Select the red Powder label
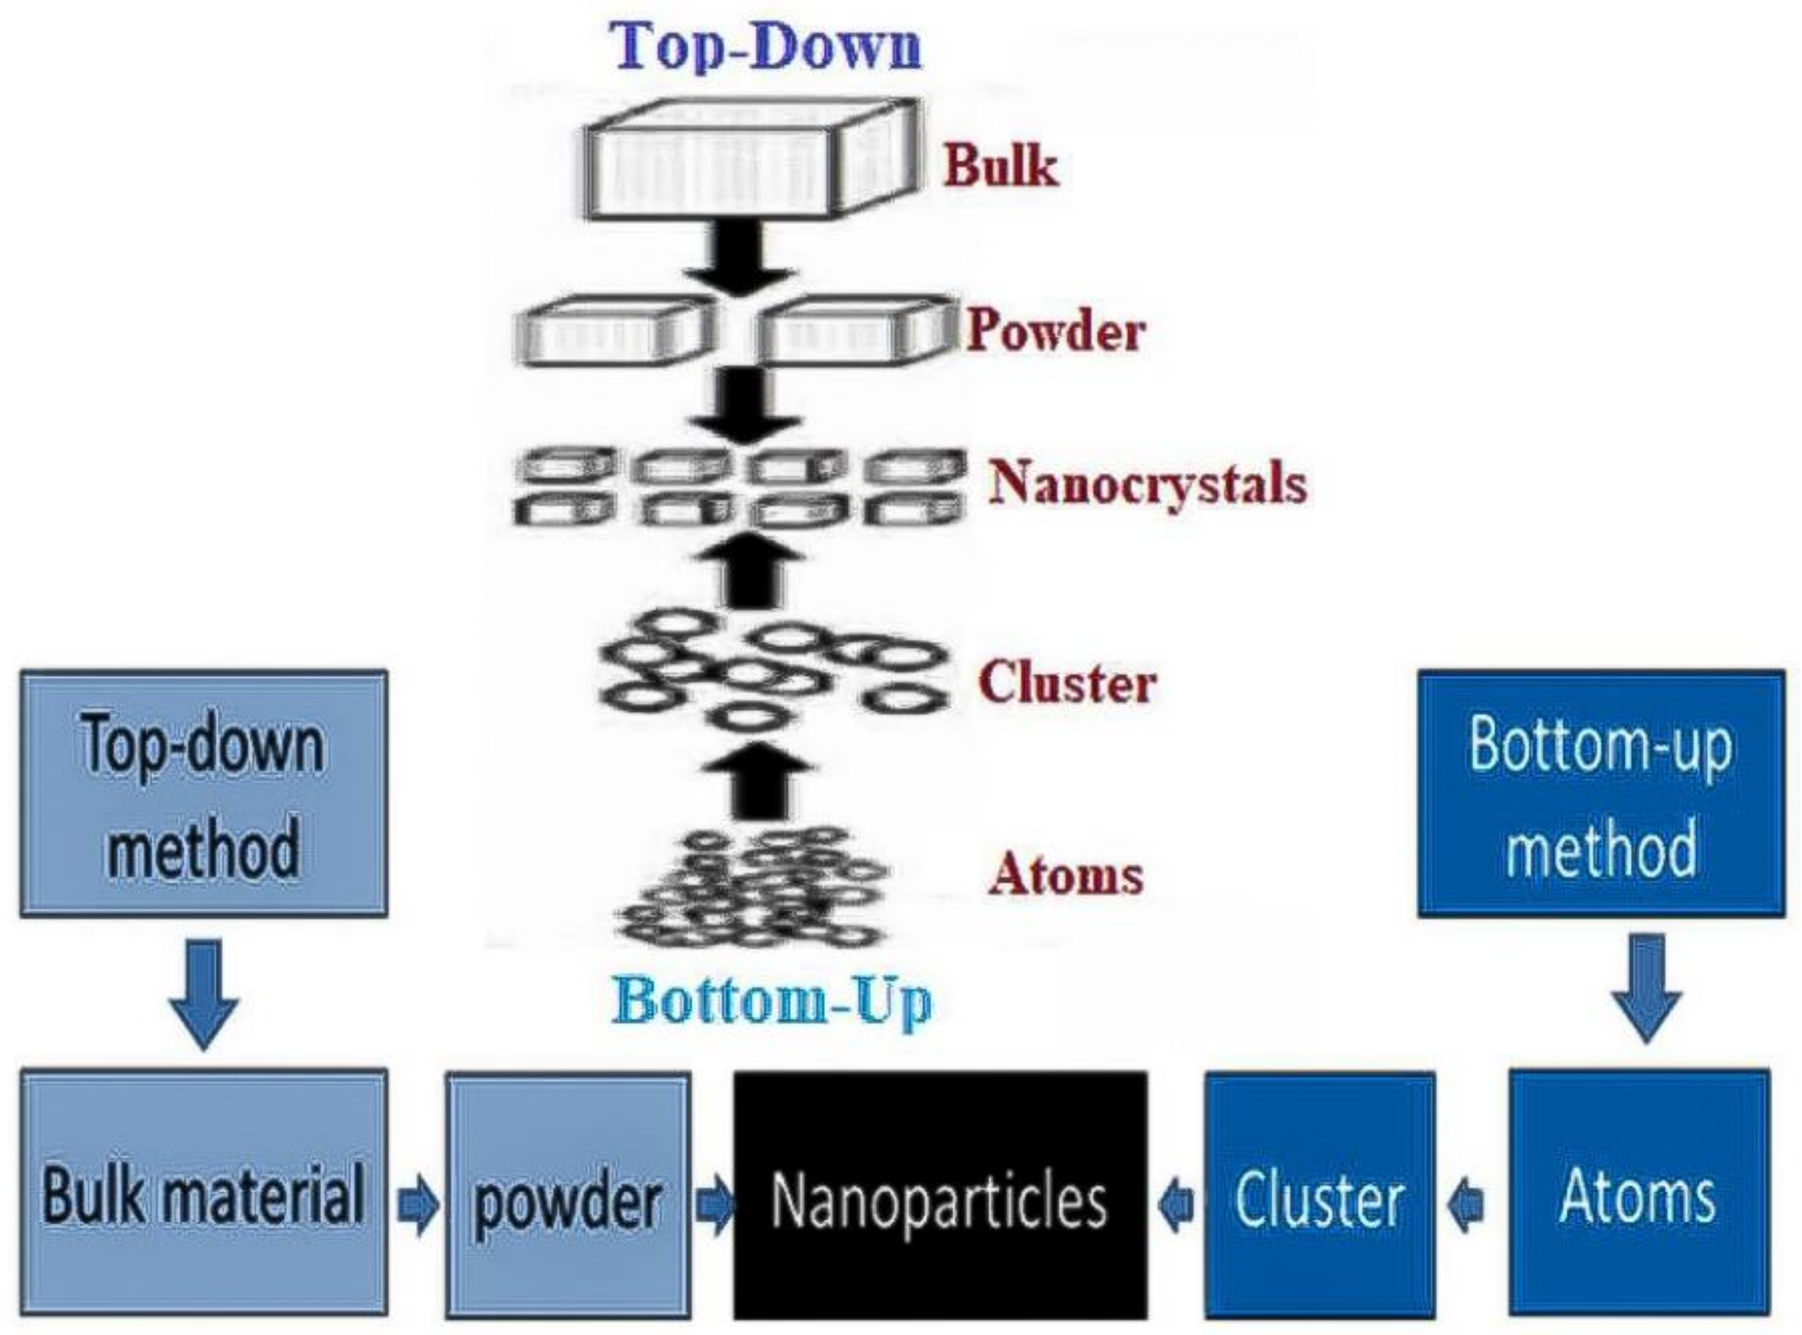pyautogui.click(x=1055, y=332)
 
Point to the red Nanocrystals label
pyautogui.click(x=1148, y=483)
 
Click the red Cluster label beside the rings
pyautogui.click(x=1066, y=684)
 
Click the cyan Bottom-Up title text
pyautogui.click(x=772, y=1002)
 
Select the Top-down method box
pyautogui.click(x=204, y=794)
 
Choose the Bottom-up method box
pyautogui.click(x=1601, y=794)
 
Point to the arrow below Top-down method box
pyautogui.click(x=204, y=992)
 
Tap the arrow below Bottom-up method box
pyautogui.click(x=1647, y=987)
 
